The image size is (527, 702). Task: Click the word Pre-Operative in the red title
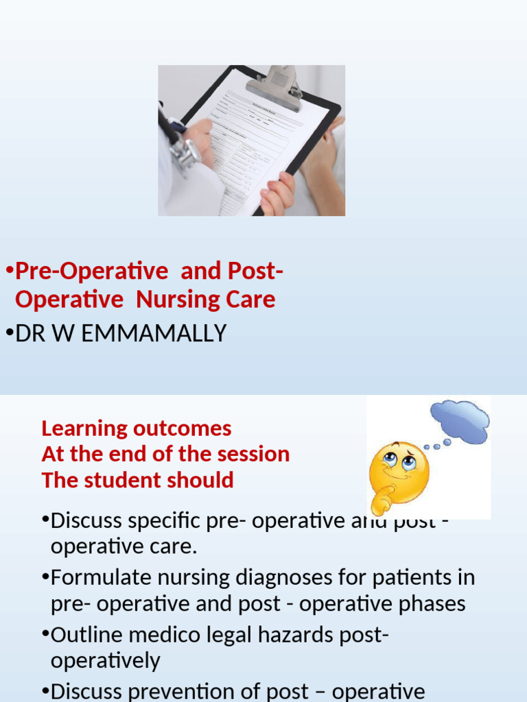tap(91, 271)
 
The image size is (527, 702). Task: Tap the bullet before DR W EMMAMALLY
tap(9, 333)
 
